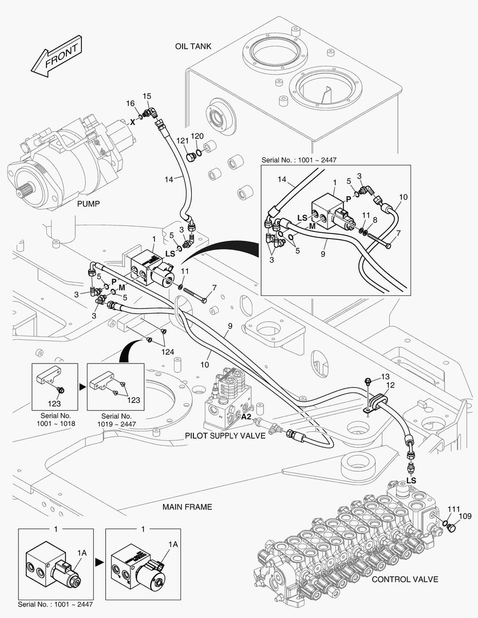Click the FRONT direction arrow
click(x=57, y=56)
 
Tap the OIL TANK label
click(x=193, y=46)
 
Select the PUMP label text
click(x=88, y=204)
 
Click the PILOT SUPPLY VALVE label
click(x=225, y=435)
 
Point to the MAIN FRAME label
click(x=187, y=507)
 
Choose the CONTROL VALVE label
click(x=405, y=579)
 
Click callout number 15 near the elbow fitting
click(x=147, y=96)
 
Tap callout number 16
click(x=131, y=104)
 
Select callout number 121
click(x=183, y=141)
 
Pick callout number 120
click(x=197, y=136)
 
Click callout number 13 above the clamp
click(x=385, y=377)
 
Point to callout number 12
click(x=390, y=385)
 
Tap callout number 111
click(x=454, y=509)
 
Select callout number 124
click(x=168, y=352)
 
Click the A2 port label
click(x=247, y=417)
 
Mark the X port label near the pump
click(x=133, y=122)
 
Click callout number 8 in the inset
click(x=374, y=220)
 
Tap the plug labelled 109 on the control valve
click(x=453, y=527)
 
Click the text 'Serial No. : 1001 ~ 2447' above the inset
click(x=299, y=160)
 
